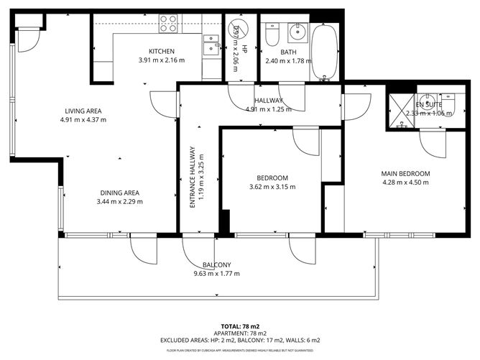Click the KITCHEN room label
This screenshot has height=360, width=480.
coord(162,51)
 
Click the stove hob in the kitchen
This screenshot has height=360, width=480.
coord(168,24)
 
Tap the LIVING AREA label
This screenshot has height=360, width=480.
coord(83,111)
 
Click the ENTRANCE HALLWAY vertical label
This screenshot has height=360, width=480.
coord(193,177)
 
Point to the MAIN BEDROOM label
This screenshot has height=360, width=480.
coord(405,174)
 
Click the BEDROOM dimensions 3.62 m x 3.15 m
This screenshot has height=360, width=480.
coord(272,188)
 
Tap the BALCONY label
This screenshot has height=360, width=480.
coord(216,264)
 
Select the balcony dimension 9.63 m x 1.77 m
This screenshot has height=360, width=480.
coord(216,273)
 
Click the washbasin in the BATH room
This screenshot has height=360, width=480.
coord(296,32)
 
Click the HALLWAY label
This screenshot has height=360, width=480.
coord(268,100)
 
